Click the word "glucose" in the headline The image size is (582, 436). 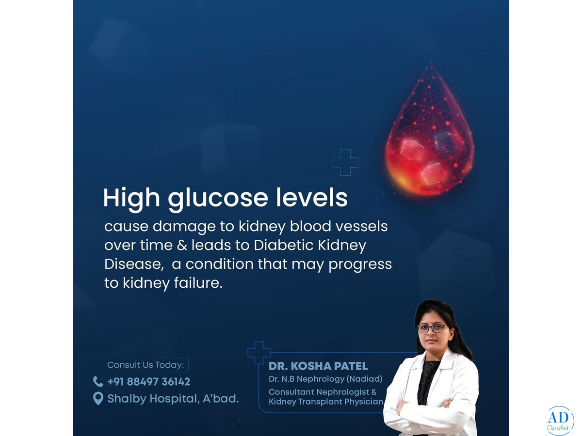(x=218, y=199)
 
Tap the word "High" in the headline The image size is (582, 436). (x=131, y=199)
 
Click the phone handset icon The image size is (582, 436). (x=98, y=381)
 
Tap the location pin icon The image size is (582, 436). (x=98, y=398)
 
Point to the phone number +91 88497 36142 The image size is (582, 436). (x=149, y=382)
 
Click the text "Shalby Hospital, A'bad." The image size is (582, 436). (x=173, y=399)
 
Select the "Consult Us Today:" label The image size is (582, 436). (x=145, y=365)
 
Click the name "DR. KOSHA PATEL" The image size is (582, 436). (x=318, y=366)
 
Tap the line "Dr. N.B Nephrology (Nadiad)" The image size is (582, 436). (x=325, y=379)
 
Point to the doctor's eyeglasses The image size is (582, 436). (x=431, y=328)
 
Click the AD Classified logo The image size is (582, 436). (x=560, y=421)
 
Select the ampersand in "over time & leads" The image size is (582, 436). (x=181, y=245)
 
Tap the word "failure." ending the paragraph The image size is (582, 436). (x=198, y=283)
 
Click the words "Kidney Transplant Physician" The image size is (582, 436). (x=326, y=402)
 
